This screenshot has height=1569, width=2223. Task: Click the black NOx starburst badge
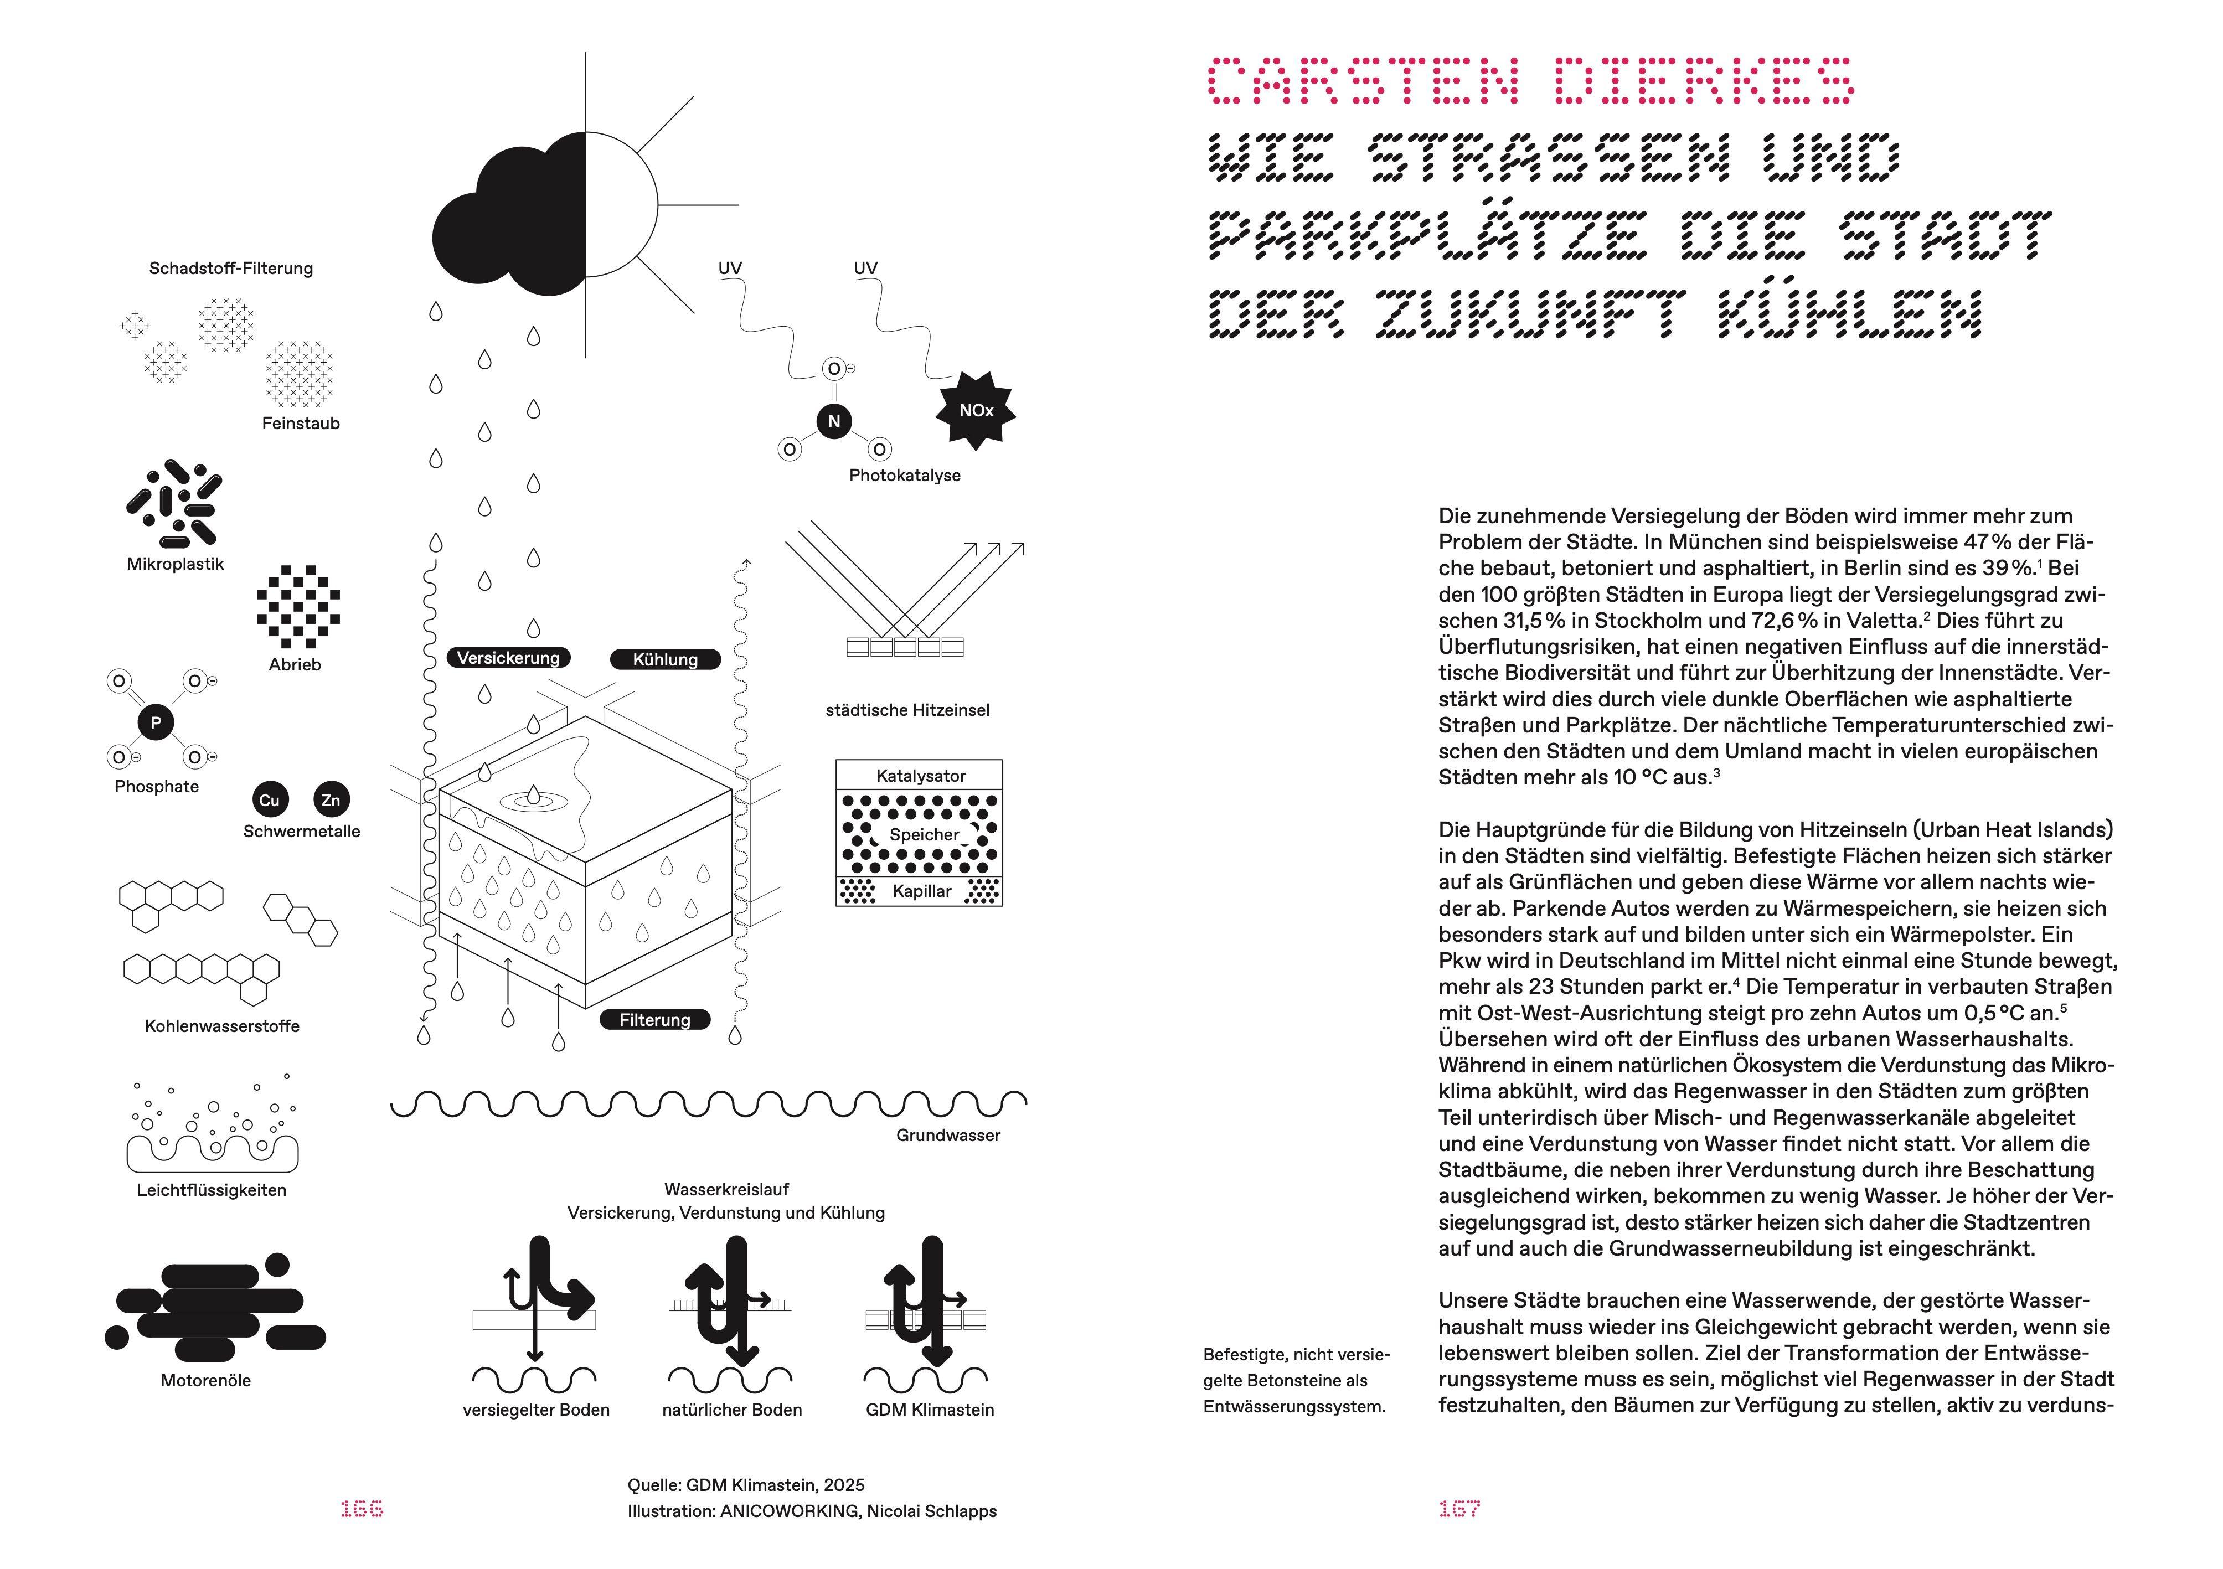[x=976, y=410]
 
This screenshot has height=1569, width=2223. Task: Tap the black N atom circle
[x=834, y=421]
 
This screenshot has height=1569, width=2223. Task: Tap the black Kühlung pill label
[x=665, y=660]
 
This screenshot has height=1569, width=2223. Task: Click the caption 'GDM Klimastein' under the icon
[x=930, y=1410]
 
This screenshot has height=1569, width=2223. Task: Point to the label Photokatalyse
[x=904, y=475]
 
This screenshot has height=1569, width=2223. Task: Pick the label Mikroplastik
[x=176, y=564]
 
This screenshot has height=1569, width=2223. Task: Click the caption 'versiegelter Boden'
[x=537, y=1410]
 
